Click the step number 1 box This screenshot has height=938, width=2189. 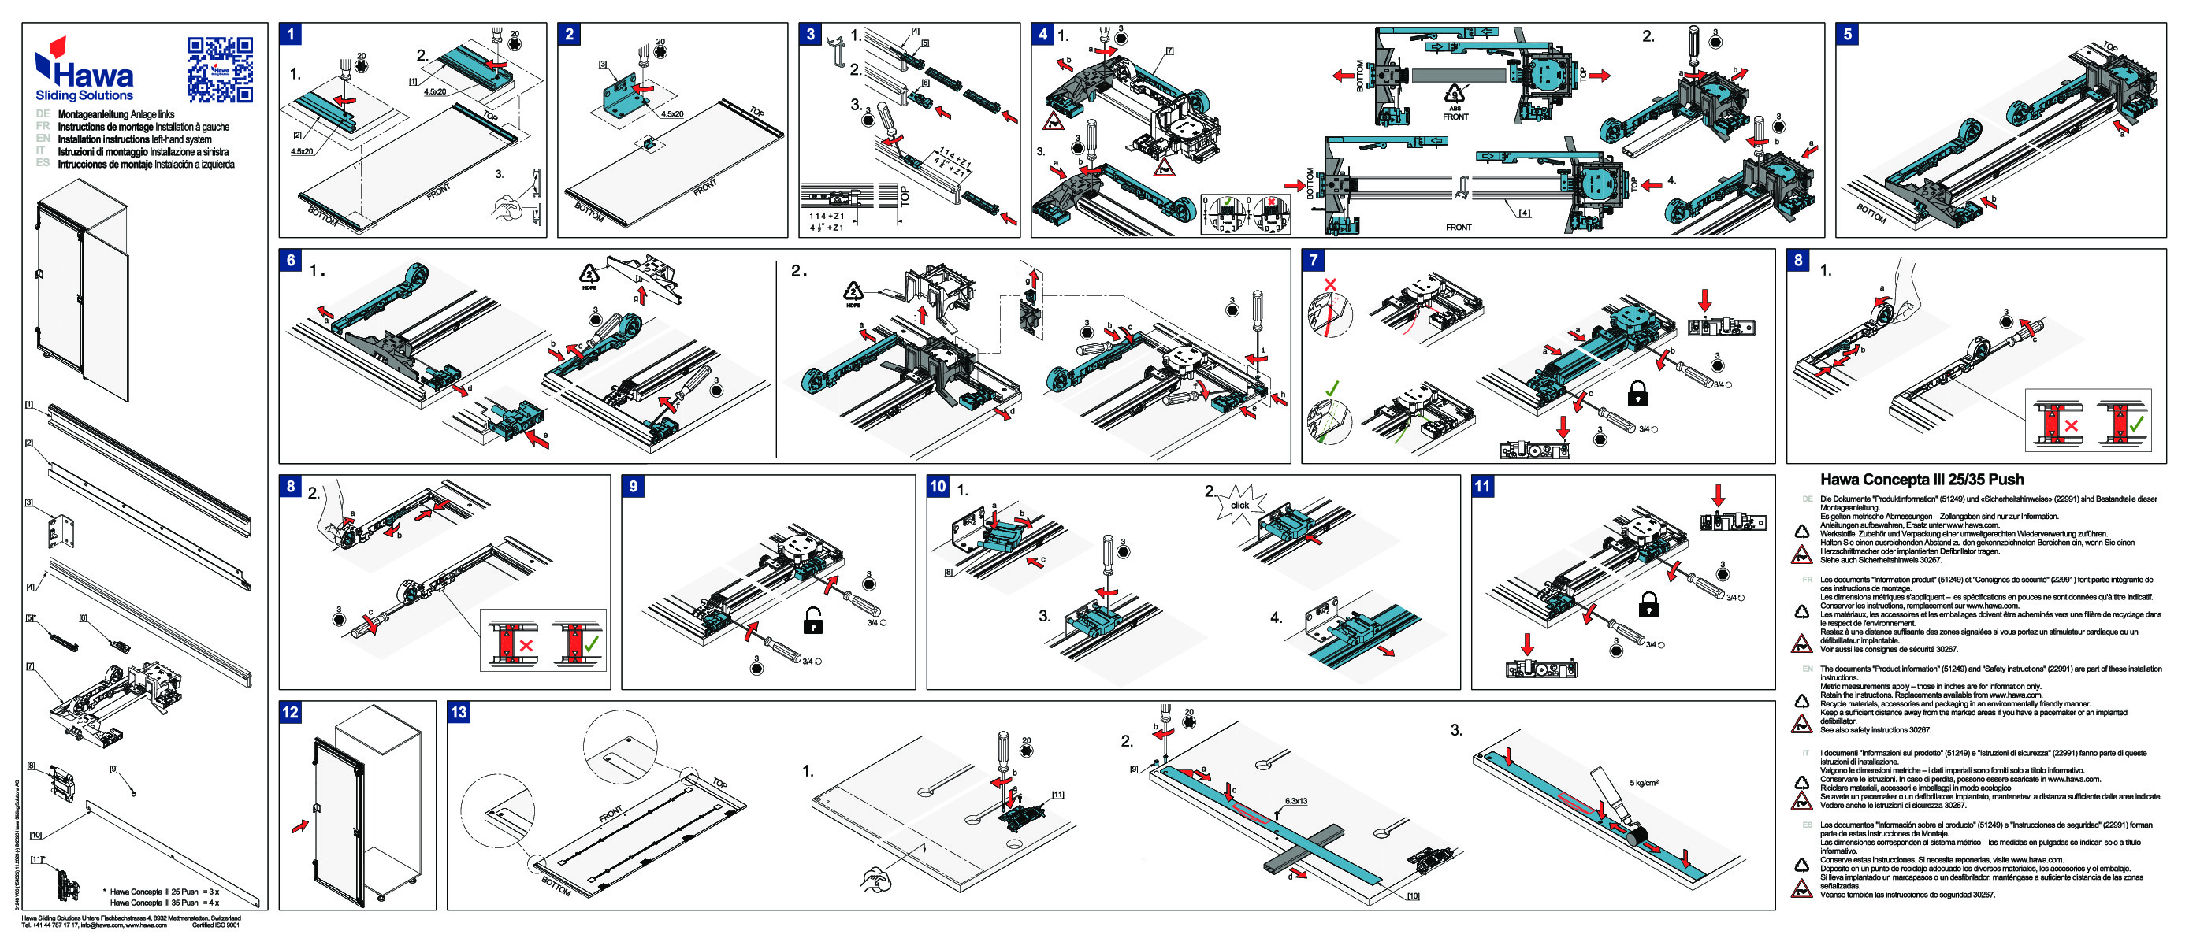coord(291,34)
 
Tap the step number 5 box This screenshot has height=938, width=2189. coord(1847,34)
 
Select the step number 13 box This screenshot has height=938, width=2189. coord(459,712)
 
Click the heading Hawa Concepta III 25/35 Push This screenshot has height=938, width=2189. coord(1921,479)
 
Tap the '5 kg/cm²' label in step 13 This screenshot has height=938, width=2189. coord(1644,783)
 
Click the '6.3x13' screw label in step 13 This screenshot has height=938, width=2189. coord(1295,800)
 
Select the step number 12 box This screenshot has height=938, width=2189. coord(291,712)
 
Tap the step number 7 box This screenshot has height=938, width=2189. coord(1314,260)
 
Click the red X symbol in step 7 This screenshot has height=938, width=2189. coord(1330,284)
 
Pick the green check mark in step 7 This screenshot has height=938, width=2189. coord(1332,388)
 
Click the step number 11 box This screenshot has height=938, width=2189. coord(1482,486)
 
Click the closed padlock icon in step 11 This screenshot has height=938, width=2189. coord(1648,605)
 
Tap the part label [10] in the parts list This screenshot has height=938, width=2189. coord(35,834)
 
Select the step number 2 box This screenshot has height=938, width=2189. coord(570,34)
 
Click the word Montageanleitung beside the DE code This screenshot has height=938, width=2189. coord(93,114)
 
